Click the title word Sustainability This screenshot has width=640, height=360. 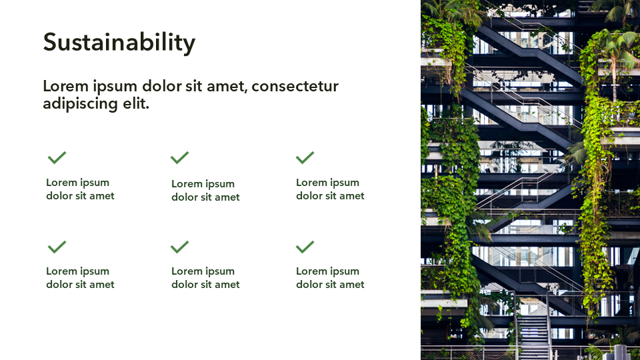119,43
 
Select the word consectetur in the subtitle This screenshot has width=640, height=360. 295,86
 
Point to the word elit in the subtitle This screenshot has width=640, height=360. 136,103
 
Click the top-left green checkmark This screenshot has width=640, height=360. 57,157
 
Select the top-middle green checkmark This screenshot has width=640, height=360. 179,157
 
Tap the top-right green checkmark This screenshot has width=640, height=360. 305,157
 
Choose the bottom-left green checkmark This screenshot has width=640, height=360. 57,247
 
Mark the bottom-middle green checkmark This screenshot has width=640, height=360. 179,247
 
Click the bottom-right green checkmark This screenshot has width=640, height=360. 305,247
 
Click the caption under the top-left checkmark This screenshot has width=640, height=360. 80,189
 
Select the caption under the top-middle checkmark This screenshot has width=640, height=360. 205,190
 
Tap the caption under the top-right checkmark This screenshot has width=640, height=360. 330,189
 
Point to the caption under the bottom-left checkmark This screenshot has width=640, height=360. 80,277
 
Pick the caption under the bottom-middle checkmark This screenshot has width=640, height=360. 205,277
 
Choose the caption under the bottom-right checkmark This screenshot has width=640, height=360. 330,277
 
